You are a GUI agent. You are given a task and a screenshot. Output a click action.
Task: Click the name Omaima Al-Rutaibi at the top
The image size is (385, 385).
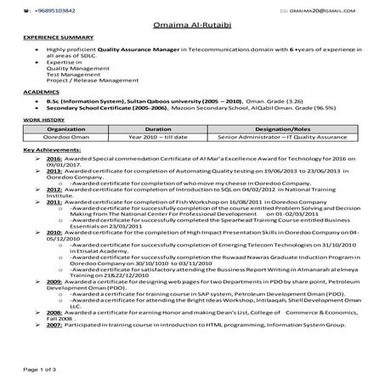191,25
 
